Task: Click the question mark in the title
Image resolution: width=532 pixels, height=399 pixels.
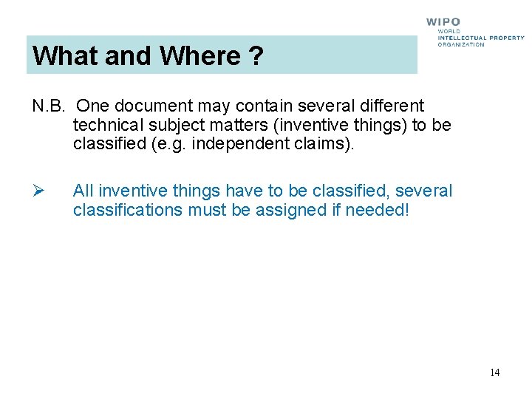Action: [x=256, y=56]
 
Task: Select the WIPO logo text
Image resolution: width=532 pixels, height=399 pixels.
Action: [x=443, y=23]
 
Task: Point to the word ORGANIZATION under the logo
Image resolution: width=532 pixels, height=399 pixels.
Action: [x=461, y=44]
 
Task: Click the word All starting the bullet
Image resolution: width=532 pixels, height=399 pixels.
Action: [x=83, y=191]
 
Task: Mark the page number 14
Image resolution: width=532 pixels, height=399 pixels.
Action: [x=494, y=372]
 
